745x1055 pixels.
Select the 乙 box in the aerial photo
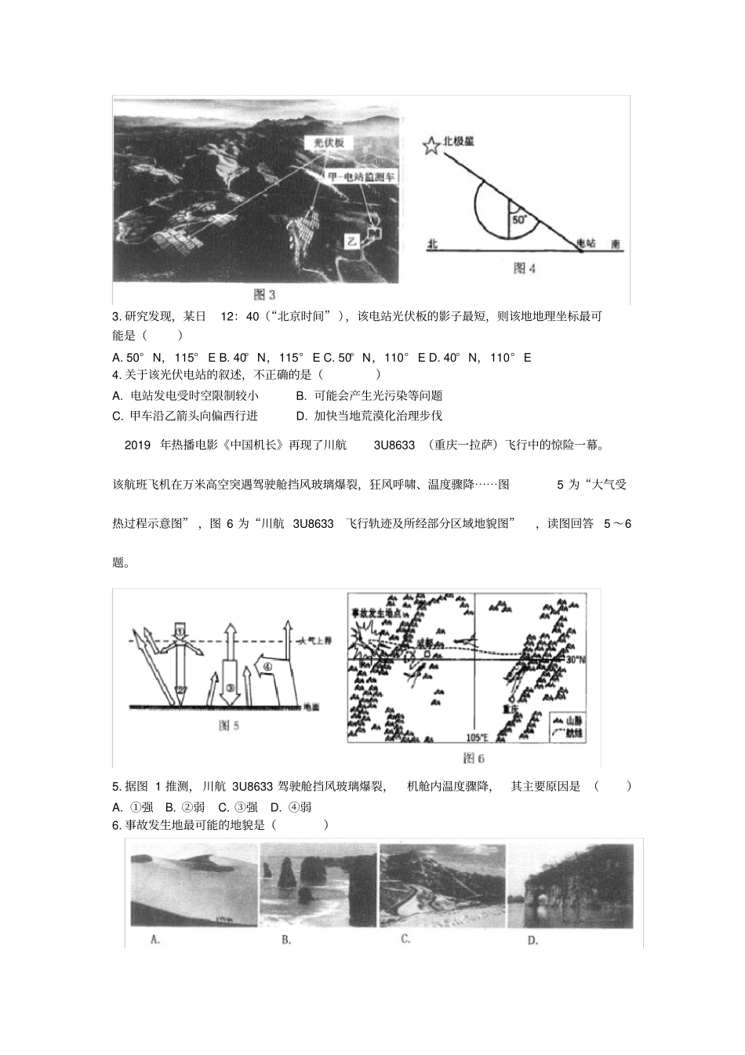[352, 242]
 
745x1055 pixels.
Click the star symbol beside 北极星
[431, 145]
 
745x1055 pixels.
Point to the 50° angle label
[518, 221]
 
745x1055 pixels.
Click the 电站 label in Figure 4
[586, 244]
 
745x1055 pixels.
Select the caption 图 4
[524, 268]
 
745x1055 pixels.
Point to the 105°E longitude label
[477, 738]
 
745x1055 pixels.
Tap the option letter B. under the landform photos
[286, 940]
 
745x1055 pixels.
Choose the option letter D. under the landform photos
[532, 940]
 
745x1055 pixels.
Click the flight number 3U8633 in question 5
[253, 787]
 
